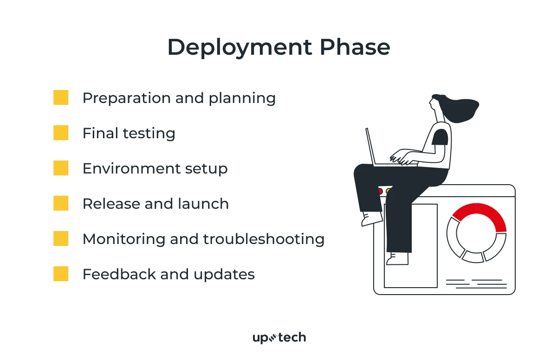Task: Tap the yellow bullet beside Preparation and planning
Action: (x=61, y=98)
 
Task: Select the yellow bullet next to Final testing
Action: (x=61, y=133)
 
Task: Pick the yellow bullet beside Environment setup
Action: (x=61, y=168)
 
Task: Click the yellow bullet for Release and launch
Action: (x=61, y=204)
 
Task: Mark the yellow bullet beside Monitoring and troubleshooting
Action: (x=61, y=239)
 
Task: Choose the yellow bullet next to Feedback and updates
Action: (x=61, y=274)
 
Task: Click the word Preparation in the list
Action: (x=123, y=98)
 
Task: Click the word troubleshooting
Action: (x=264, y=239)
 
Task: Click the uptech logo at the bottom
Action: (x=279, y=338)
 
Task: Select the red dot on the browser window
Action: (x=380, y=191)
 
